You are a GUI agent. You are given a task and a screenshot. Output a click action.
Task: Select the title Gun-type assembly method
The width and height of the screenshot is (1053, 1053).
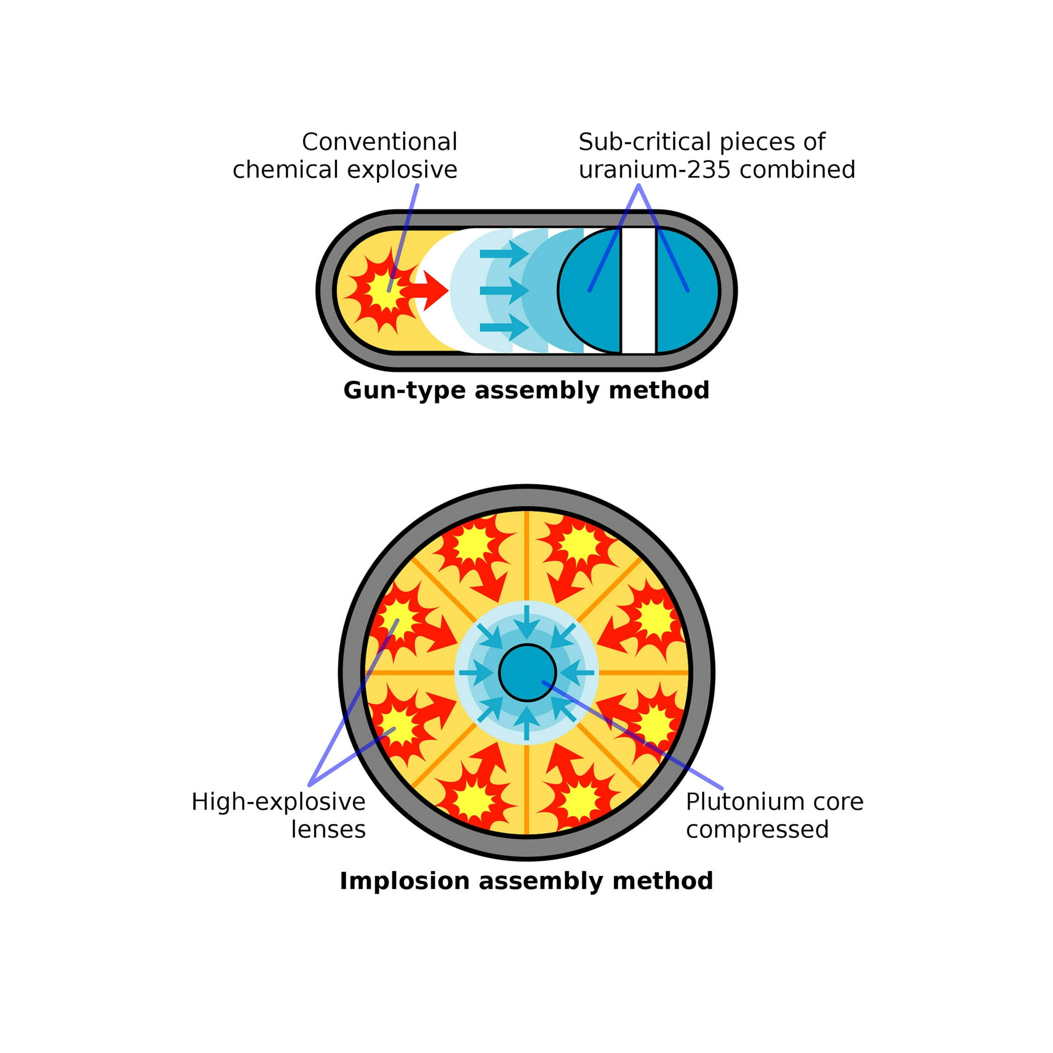click(526, 390)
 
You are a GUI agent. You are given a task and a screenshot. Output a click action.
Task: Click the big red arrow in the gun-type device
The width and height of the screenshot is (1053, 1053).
click(431, 291)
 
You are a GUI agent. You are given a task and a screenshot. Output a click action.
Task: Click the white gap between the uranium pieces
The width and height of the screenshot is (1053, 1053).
click(639, 291)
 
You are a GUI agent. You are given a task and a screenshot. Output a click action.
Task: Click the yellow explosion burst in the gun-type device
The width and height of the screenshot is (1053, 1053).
click(385, 291)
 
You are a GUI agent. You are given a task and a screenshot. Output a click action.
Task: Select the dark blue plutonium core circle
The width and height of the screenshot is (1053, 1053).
click(527, 673)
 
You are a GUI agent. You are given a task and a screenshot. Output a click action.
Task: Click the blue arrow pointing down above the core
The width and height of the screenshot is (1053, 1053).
click(526, 621)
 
